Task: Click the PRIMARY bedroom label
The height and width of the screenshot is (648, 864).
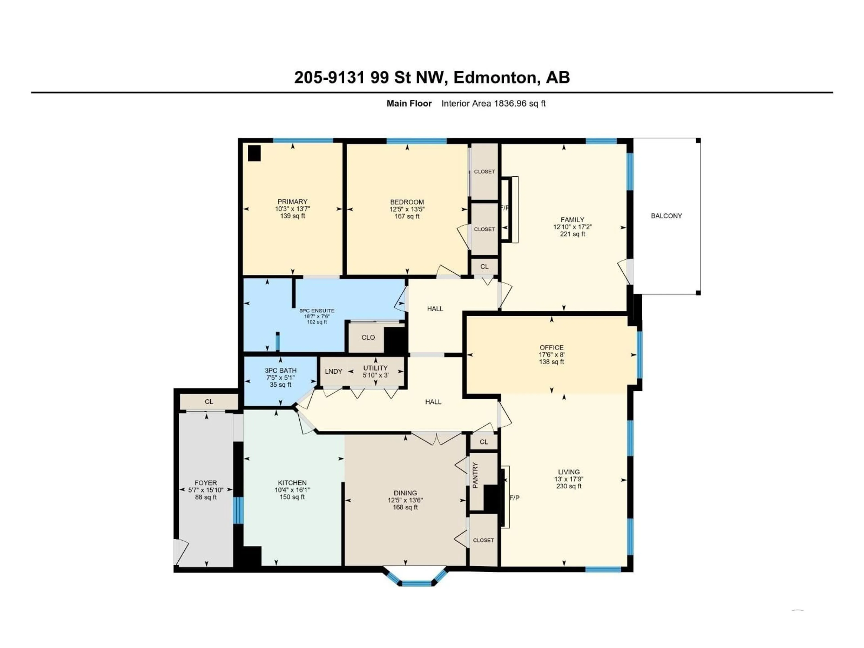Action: point(292,202)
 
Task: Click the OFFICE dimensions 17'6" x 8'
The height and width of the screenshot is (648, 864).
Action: point(551,355)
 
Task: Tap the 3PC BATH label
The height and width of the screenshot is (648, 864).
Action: point(280,370)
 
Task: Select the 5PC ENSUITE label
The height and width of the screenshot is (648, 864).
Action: point(317,310)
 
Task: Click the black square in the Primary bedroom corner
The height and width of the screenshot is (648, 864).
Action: point(254,153)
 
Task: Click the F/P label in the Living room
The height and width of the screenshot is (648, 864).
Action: point(514,498)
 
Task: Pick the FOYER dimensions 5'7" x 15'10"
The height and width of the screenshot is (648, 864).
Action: point(206,490)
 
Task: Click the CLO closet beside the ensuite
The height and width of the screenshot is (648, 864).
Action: point(368,337)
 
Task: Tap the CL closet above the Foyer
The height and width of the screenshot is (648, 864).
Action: point(209,402)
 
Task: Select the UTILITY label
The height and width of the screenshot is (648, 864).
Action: point(375,368)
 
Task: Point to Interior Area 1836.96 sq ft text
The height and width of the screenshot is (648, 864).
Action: point(493,103)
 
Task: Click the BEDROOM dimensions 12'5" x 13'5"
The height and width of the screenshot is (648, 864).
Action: point(407,209)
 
